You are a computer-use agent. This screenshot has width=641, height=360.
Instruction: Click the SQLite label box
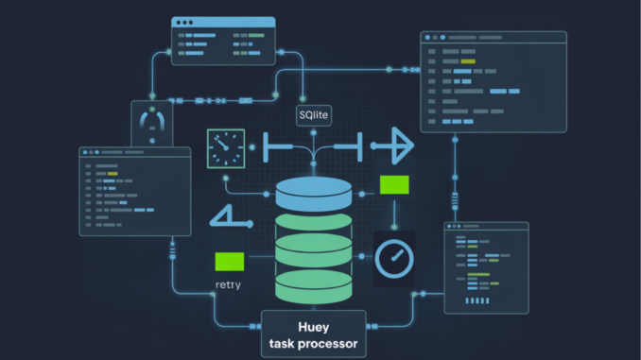pos(313,114)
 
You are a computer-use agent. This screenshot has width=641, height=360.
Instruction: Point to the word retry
pos(228,283)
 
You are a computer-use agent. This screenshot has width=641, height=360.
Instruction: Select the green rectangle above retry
pos(229,262)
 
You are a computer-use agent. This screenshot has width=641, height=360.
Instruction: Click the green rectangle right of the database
pos(393,184)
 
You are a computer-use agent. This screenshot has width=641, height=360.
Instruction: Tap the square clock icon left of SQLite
pos(226,148)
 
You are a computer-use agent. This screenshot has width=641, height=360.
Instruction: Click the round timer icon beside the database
pos(393,256)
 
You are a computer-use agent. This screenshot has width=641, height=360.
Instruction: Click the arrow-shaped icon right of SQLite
pos(390,146)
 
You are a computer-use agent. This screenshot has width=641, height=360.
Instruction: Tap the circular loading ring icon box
pos(151,122)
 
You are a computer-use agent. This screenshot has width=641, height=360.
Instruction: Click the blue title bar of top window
pos(223,22)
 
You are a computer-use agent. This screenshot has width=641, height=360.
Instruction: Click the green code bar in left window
pos(113,174)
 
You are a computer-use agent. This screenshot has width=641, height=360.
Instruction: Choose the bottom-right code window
pos(486,267)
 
